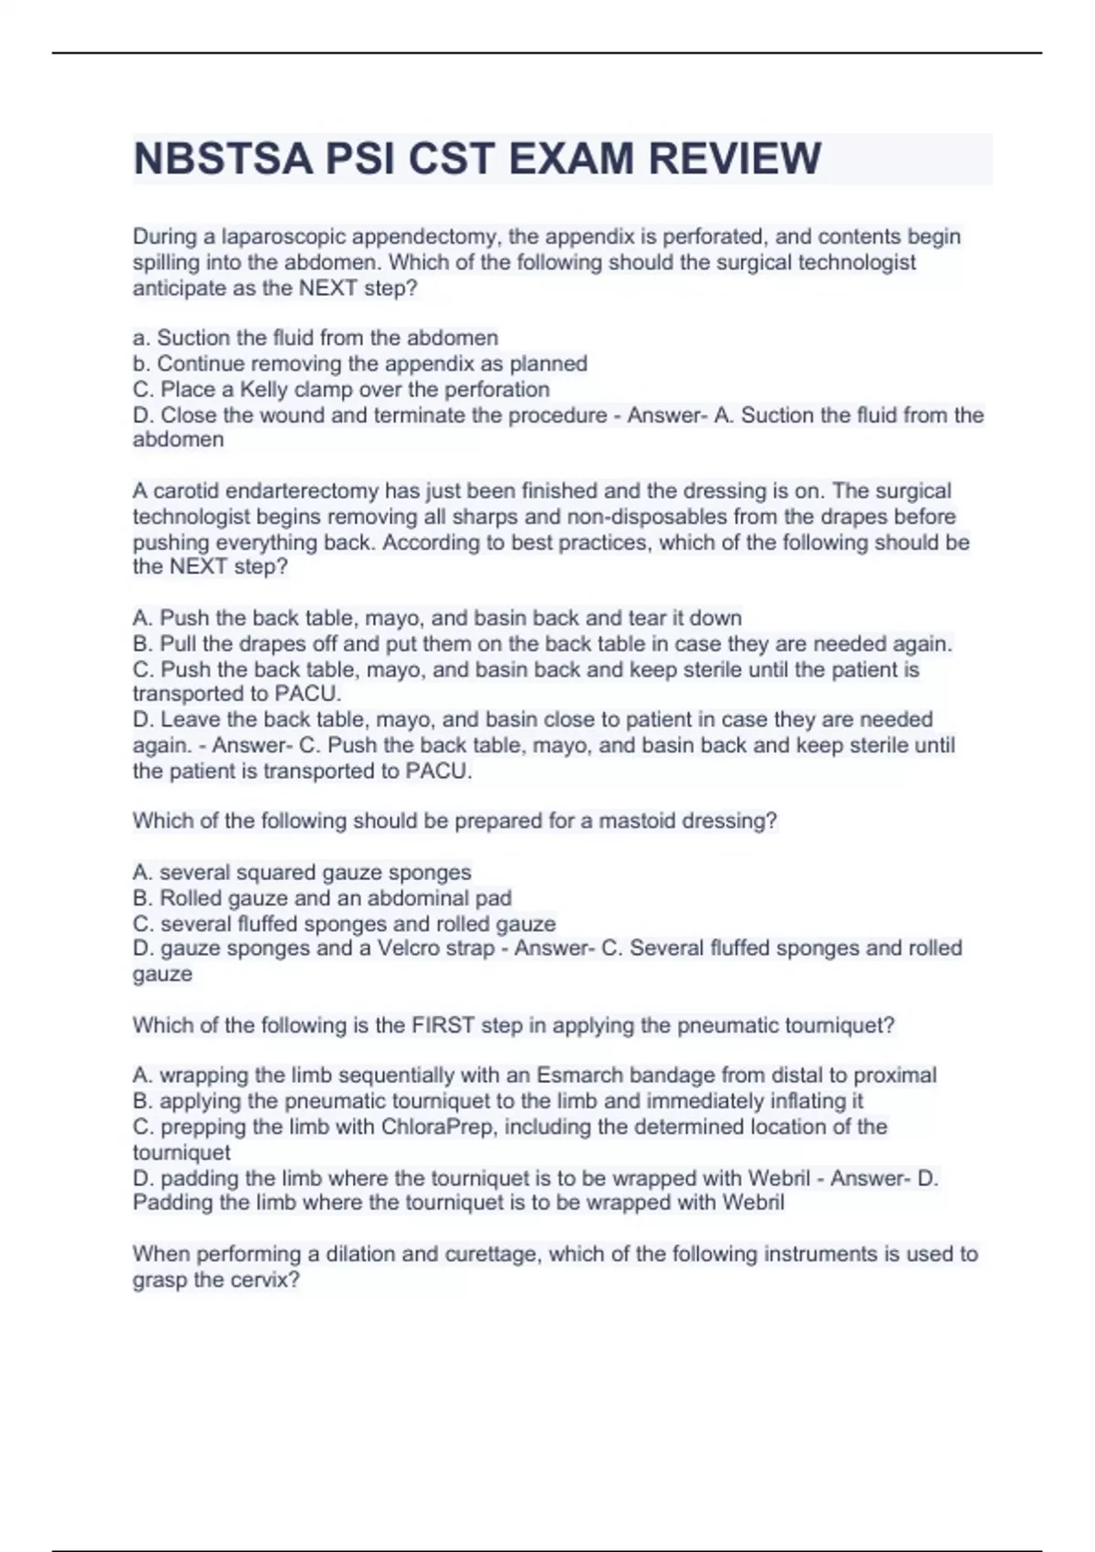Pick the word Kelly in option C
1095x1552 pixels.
click(x=265, y=389)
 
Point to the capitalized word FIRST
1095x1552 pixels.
click(x=443, y=1025)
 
